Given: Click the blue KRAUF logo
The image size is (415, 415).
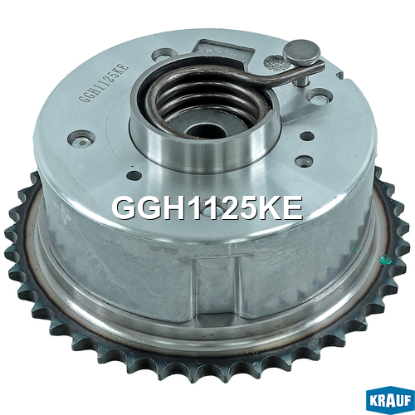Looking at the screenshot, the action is coord(390,401).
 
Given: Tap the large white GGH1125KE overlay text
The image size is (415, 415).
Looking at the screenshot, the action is coord(207,208).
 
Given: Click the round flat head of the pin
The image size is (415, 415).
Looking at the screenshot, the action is coord(302,52).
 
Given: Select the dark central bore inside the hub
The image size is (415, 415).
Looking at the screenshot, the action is coord(205,130).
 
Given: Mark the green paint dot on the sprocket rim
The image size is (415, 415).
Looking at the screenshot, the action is coord(385,260).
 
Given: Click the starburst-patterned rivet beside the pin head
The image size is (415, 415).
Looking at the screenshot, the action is coord(275,62).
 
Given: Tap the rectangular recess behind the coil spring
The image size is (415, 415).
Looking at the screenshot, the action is coord(225,51).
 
